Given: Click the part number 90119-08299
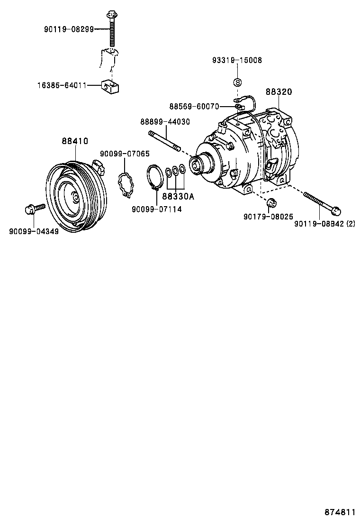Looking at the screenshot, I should pos(69,29).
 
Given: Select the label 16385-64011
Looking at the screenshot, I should pos(62,86).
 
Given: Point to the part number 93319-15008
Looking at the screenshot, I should pos(237,61).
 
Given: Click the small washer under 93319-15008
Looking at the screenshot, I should pos(237,82).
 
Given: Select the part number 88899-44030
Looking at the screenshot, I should pos(165,122).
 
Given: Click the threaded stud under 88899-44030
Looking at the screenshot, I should pos(165,141).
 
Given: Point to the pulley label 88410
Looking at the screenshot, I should pos(75,141).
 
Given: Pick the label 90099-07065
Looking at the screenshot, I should pos(124,154).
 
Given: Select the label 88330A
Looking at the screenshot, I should pos(178,197).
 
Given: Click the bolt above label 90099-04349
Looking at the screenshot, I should pos(33,208).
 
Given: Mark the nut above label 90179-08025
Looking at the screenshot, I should pos(271,203).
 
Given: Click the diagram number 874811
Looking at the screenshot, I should pos(340,513).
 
